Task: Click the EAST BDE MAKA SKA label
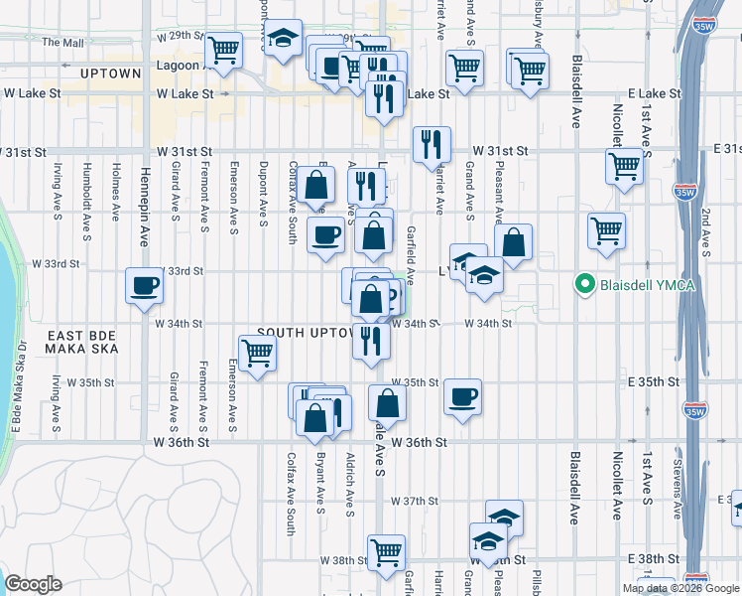(x=82, y=343)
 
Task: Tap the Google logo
(x=34, y=584)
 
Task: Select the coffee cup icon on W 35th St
(x=462, y=396)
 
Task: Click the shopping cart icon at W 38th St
(x=386, y=551)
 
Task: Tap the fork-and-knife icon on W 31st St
(x=431, y=144)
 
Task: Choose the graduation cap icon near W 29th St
(x=284, y=38)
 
